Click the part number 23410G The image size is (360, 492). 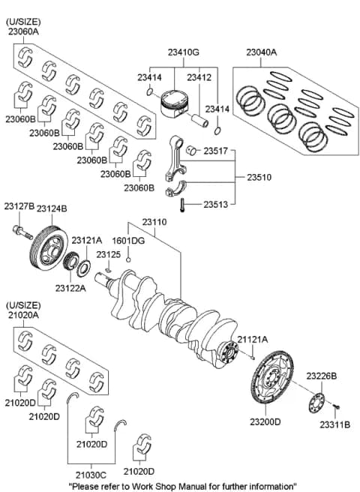tap(183, 52)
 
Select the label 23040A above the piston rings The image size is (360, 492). tap(261, 52)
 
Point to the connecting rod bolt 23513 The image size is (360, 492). tap(181, 205)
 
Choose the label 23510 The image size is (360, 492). tap(259, 177)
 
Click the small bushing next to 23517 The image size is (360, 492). tap(191, 151)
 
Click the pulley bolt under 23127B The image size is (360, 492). tap(22, 232)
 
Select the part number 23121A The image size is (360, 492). tap(87, 240)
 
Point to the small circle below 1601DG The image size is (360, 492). tap(128, 259)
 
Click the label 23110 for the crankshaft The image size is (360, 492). tap(154, 222)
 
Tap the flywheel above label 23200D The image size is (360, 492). tap(272, 377)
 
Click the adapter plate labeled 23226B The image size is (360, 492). tap(316, 403)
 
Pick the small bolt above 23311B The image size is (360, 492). tap(336, 407)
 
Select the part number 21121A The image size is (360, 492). tap(253, 340)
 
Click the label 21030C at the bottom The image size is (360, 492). tap(91, 475)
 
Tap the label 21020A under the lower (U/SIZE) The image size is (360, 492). tap(23, 315)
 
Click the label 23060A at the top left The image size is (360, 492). tap(23, 31)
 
